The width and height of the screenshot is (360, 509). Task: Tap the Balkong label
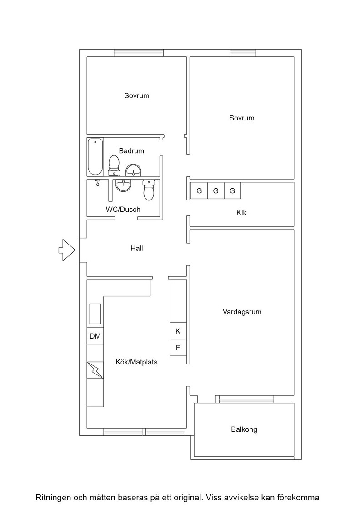pos(244,429)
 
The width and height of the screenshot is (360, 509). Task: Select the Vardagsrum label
pos(242,312)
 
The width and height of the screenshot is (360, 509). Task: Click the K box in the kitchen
pos(178,331)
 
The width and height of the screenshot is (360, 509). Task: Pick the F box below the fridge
pos(178,348)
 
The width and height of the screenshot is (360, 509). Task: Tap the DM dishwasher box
pos(95,336)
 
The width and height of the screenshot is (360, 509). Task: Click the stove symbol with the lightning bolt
pos(95,370)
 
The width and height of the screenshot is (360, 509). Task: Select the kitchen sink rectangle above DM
pos(95,314)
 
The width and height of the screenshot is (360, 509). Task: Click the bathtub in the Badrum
pos(95,157)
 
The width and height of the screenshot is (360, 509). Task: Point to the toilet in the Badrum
pos(114,165)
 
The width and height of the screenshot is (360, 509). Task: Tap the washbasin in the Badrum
pos(133,170)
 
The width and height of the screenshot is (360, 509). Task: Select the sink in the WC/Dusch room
pos(124,185)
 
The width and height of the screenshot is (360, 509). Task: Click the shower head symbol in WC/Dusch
pos(97,183)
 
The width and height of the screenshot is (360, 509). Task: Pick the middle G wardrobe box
pos(216,190)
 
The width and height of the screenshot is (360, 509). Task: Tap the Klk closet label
pos(241,213)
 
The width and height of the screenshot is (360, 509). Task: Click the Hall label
pos(137,248)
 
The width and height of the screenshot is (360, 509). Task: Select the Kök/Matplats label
pos(136,362)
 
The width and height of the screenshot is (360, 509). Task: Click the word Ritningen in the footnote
pos(53,497)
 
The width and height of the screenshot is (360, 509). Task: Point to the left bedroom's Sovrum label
pos(137,96)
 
